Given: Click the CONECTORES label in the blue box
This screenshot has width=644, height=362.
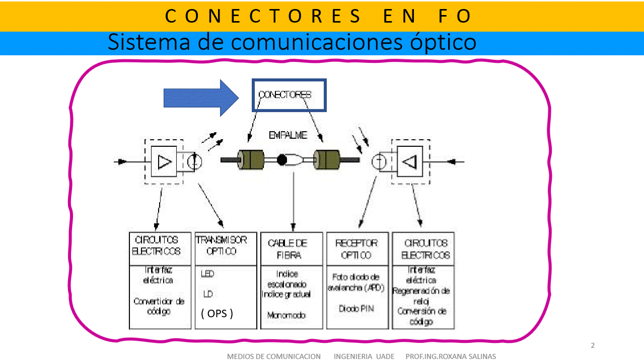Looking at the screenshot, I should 284,95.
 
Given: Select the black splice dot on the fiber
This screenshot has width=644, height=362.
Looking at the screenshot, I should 282,160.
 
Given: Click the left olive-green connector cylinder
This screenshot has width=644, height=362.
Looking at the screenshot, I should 251,160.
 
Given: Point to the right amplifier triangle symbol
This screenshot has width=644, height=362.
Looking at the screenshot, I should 410,162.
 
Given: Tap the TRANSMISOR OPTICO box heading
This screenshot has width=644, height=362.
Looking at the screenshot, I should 221,246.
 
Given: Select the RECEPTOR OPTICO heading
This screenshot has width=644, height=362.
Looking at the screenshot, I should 357,249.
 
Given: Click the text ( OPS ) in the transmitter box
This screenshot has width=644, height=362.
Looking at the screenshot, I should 217,314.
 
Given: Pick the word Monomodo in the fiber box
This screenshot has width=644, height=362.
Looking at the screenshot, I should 287,316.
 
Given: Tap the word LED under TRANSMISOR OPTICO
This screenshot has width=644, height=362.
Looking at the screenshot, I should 207,275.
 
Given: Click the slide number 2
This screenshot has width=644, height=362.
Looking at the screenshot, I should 593,345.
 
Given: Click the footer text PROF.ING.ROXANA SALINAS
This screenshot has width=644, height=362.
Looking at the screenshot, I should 451,356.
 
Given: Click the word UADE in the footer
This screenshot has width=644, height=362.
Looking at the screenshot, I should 385,356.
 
